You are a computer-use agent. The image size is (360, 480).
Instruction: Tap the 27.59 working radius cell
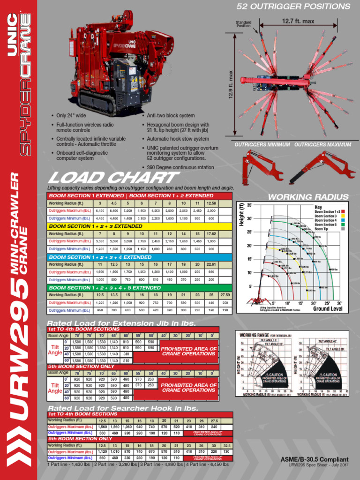(x=225, y=295)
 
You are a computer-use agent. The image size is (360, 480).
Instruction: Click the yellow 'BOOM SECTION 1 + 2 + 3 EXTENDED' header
(x=96, y=226)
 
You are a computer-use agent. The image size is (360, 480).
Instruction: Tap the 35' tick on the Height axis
(x=250, y=205)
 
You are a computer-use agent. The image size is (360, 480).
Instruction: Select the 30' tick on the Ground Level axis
(x=340, y=303)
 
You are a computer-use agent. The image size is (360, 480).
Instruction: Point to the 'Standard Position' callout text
(x=244, y=24)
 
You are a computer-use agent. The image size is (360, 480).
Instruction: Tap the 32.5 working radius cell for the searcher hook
(x=226, y=445)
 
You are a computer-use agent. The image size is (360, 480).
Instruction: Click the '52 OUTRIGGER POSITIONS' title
(x=293, y=7)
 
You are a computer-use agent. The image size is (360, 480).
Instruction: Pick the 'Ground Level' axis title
(x=328, y=309)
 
